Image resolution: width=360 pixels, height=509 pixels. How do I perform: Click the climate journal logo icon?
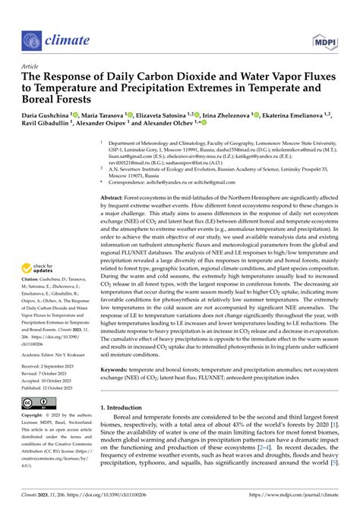click(x=33, y=36)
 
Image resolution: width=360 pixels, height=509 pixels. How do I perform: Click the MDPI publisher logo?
click(x=321, y=36)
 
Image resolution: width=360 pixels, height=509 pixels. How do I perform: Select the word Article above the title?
click(x=30, y=68)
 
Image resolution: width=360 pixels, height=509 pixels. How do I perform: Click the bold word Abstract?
click(x=118, y=198)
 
